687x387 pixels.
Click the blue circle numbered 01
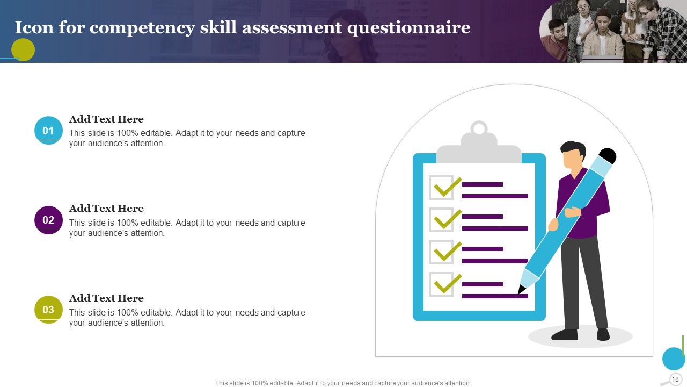[x=48, y=131]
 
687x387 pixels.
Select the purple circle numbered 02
[x=48, y=220]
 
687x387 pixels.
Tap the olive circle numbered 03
[x=48, y=310]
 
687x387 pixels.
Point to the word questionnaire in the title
[x=408, y=27]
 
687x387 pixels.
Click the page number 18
[x=675, y=379]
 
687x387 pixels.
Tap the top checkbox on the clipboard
[x=441, y=188]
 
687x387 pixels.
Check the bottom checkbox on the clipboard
[x=441, y=284]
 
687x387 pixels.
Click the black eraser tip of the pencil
[x=608, y=156]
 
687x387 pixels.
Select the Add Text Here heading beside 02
[x=106, y=209]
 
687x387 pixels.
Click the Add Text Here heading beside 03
[x=106, y=298]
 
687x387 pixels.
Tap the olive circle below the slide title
[x=23, y=50]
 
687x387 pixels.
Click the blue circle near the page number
[x=673, y=359]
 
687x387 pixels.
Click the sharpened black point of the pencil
[x=521, y=290]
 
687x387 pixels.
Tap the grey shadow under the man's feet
[x=580, y=337]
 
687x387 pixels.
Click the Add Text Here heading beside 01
[x=106, y=119]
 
